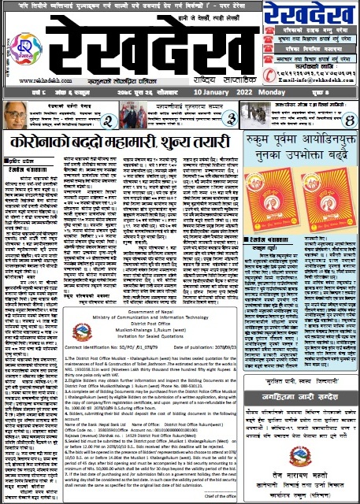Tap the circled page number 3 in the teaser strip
click(x=232, y=118)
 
